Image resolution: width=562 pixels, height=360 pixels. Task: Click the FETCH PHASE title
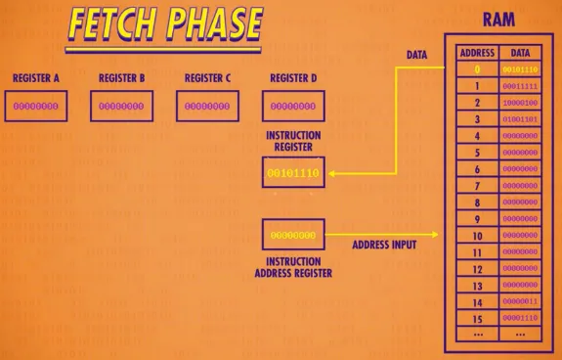click(164, 26)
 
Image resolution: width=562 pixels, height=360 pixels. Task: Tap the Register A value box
click(35, 106)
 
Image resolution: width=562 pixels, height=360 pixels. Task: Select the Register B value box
click(122, 106)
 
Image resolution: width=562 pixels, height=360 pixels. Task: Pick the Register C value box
click(208, 106)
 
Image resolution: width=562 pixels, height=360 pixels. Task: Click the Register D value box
click(293, 106)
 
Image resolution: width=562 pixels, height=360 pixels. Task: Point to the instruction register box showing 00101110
click(293, 173)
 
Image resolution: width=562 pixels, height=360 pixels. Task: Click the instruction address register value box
click(293, 235)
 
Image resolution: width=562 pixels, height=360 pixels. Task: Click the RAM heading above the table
click(499, 19)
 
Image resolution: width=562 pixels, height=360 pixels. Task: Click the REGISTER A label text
click(35, 77)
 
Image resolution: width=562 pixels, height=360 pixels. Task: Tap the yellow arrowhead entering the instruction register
click(333, 173)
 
